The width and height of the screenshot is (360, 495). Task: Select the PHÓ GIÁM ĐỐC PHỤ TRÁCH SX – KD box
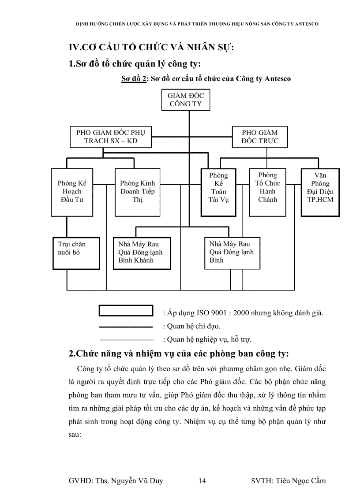click(111, 137)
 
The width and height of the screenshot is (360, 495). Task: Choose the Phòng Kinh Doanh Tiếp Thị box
click(137, 192)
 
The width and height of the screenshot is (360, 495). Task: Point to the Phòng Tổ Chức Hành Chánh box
click(267, 192)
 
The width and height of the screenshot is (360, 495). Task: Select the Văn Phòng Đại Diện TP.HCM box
click(320, 192)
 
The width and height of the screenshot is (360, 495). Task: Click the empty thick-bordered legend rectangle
click(126, 310)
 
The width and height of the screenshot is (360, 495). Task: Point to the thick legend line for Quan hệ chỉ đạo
click(126, 327)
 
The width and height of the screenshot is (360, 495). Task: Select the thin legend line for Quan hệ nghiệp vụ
click(126, 339)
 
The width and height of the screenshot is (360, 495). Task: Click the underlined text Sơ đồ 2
click(134, 79)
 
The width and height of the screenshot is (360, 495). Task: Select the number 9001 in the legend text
click(216, 313)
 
